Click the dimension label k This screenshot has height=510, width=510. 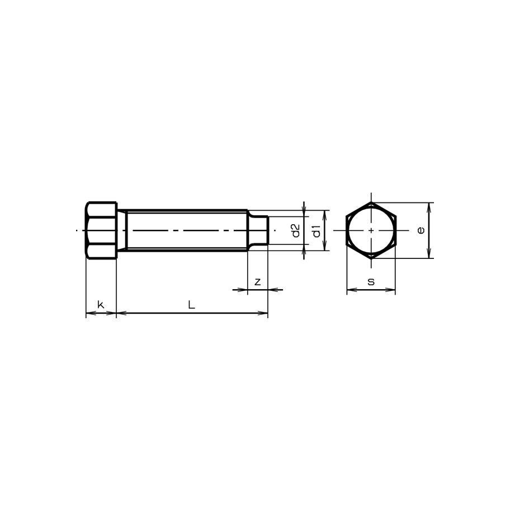[x=101, y=305]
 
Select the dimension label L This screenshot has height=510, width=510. [x=191, y=305]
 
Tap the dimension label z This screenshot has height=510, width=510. [x=257, y=282]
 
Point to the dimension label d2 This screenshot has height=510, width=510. [x=296, y=230]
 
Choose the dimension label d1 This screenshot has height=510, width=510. [x=317, y=230]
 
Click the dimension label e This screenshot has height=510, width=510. [x=421, y=230]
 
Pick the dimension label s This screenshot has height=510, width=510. [x=371, y=282]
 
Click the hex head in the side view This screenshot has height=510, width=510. [x=101, y=230]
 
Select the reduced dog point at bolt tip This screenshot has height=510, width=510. [x=258, y=230]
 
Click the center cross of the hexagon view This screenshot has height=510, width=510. [x=371, y=230]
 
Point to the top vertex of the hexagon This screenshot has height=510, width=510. [x=371, y=202]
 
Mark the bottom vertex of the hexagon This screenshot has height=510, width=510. [x=371, y=258]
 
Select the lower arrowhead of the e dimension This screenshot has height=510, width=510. [x=429, y=255]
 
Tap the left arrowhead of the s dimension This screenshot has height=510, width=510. [x=350, y=290]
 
